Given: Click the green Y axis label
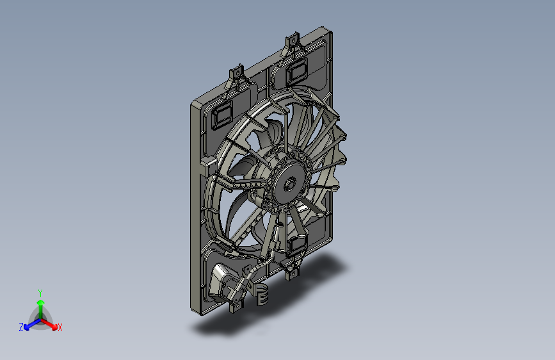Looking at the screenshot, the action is click(40, 293).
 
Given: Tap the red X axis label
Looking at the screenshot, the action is click(60, 328).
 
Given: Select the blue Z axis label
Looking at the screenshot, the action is click(21, 327).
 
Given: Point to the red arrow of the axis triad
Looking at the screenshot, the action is click(49, 324).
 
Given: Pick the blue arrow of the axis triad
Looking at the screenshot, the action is click(32, 324).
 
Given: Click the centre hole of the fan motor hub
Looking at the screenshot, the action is click(290, 184).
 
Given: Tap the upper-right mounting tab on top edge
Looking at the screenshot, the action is click(293, 42).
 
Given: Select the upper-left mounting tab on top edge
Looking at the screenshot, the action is click(237, 74).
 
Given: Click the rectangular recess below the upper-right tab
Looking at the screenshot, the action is click(296, 71).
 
